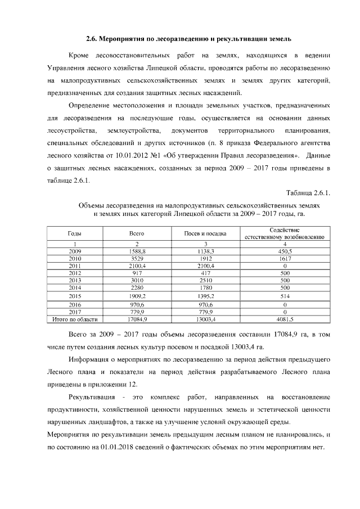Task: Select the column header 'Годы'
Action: (x=75, y=233)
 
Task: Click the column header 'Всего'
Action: (x=137, y=233)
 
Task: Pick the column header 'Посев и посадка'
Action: (x=206, y=233)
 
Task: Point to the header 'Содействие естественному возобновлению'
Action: (x=285, y=233)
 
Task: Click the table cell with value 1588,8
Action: (x=137, y=251)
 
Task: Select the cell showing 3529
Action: (x=137, y=258)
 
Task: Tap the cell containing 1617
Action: (x=285, y=258)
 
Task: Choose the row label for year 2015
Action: (x=75, y=296)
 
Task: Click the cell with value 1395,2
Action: (x=206, y=296)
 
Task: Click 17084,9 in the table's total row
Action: (x=137, y=319)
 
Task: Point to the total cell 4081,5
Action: (x=285, y=319)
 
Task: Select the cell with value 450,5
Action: (x=285, y=251)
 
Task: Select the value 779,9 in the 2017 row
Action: (x=137, y=312)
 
